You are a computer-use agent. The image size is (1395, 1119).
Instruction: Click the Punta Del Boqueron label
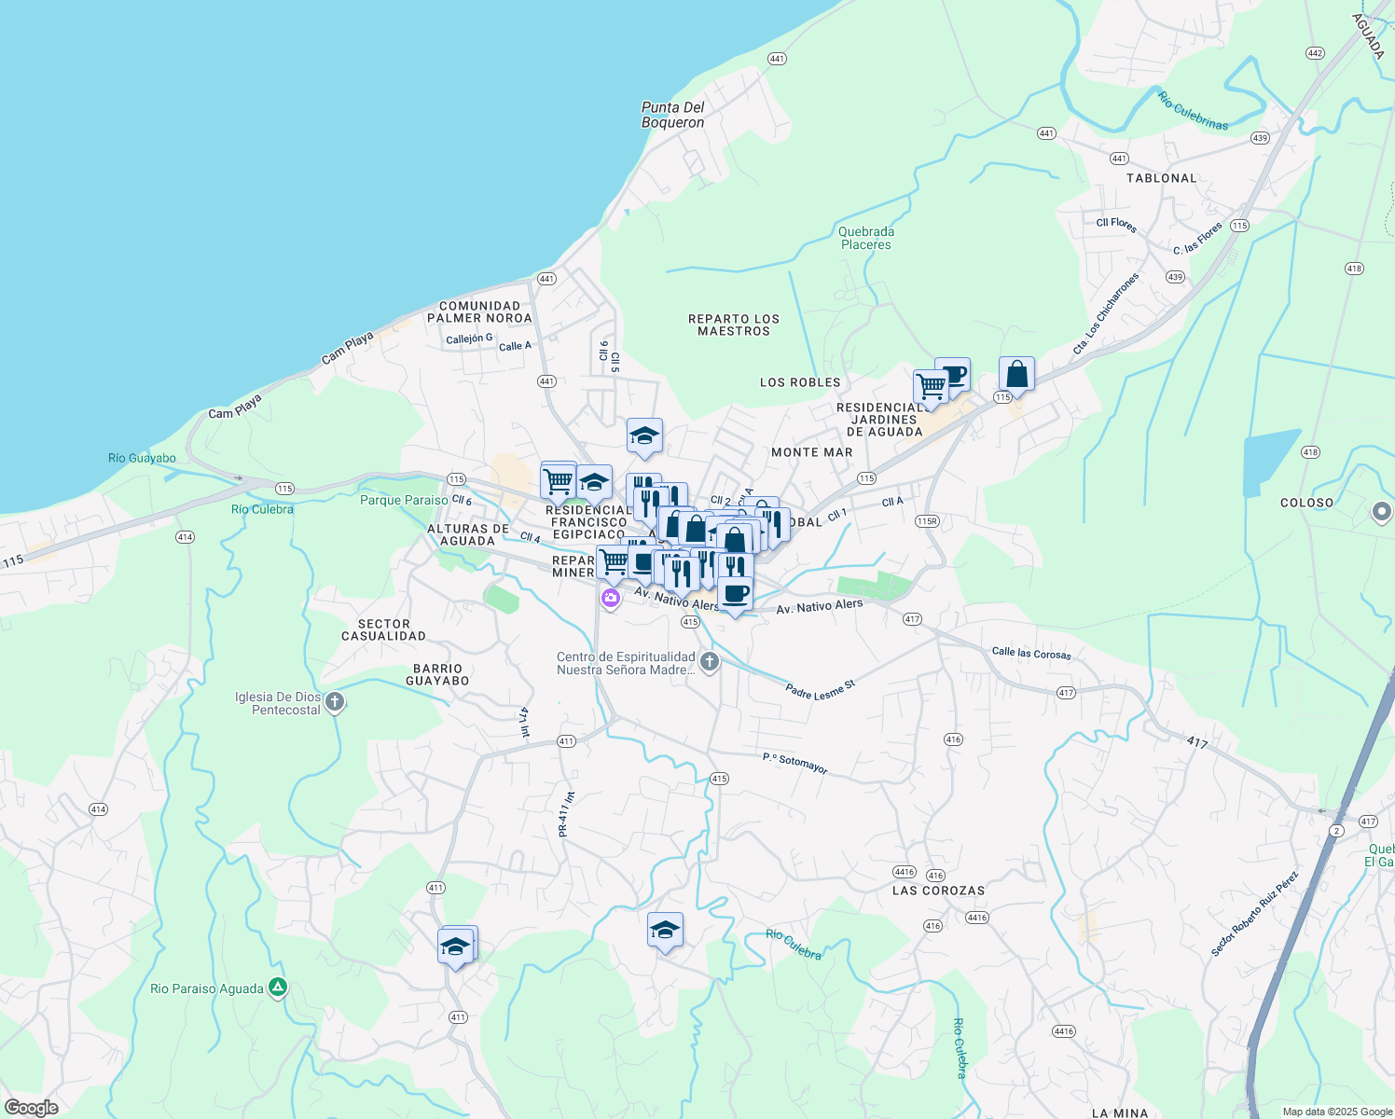pos(672,115)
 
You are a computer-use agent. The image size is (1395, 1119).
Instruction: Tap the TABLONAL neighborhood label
pos(1161,178)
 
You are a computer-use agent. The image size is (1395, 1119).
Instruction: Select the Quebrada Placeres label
pos(865,238)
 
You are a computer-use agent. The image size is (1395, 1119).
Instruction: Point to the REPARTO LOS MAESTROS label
pos(734,325)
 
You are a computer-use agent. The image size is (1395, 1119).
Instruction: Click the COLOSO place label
pos(1306,503)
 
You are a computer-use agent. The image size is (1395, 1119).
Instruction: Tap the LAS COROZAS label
pos(938,891)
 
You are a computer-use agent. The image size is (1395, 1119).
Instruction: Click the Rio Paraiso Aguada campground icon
pos(277,988)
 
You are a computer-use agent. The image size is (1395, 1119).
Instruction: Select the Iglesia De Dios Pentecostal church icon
pos(335,702)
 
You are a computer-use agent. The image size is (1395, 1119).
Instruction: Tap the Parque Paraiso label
pos(404,501)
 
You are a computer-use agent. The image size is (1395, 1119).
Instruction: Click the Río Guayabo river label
pos(142,458)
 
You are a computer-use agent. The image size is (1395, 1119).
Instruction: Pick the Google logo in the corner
pos(31,1108)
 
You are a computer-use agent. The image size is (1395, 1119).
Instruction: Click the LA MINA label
pos(1120,1112)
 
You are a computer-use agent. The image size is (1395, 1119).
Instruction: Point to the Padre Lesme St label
pos(820,691)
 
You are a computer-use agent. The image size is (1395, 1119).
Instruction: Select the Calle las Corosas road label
pos(1031,653)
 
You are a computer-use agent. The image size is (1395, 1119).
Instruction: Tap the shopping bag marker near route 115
pos(1016,374)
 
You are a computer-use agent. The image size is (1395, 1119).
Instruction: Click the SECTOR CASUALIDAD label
pos(383,629)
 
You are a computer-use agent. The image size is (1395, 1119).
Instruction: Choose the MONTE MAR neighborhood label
pos(811,452)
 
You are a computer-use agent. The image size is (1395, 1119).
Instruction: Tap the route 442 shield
pos(1315,53)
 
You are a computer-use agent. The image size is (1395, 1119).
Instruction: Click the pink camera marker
pos(611,598)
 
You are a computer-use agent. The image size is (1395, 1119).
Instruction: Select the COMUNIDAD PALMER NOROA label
pos(479,311)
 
